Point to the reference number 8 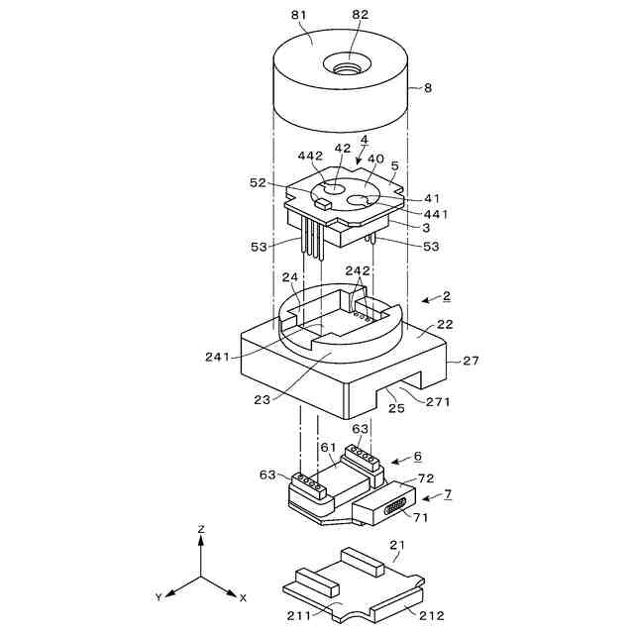point(427,88)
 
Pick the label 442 point(310,156)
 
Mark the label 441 point(436,214)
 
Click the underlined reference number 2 point(446,295)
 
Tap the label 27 point(471,361)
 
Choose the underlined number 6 point(417,457)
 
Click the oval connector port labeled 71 point(391,509)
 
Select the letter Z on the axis point(201,530)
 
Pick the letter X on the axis point(243,597)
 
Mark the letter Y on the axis point(158,597)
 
